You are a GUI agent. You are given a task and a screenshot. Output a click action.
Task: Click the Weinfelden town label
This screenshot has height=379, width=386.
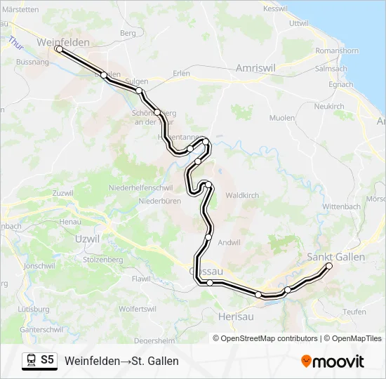pyautogui.click(x=63, y=42)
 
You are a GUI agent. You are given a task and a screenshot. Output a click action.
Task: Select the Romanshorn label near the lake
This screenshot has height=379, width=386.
pyautogui.click(x=337, y=51)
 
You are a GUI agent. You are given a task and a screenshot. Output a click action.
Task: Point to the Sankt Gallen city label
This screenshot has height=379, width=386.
pyautogui.click(x=336, y=257)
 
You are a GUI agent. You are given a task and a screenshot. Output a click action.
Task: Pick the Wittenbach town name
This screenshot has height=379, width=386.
pyautogui.click(x=342, y=207)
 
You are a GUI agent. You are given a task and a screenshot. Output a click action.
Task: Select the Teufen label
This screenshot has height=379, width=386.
pyautogui.click(x=354, y=312)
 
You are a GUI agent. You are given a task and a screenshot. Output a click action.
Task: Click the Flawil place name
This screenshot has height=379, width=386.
pyautogui.click(x=141, y=279)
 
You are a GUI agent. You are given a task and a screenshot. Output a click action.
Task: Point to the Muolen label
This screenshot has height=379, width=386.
pyautogui.click(x=283, y=118)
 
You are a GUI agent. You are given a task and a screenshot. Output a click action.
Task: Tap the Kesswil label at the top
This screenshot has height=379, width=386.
pyautogui.click(x=276, y=8)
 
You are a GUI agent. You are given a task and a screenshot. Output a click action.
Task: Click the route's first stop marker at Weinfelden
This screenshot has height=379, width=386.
pyautogui.click(x=59, y=49)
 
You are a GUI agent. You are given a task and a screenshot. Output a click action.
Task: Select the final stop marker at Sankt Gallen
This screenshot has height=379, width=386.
pyautogui.click(x=328, y=265)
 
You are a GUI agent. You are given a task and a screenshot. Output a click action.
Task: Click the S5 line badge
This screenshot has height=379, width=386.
pyautogui.click(x=47, y=360)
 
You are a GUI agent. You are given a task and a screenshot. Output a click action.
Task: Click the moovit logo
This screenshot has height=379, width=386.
pyautogui.click(x=333, y=361)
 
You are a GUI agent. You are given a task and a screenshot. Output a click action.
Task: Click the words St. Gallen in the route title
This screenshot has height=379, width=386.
pyautogui.click(x=155, y=361)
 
